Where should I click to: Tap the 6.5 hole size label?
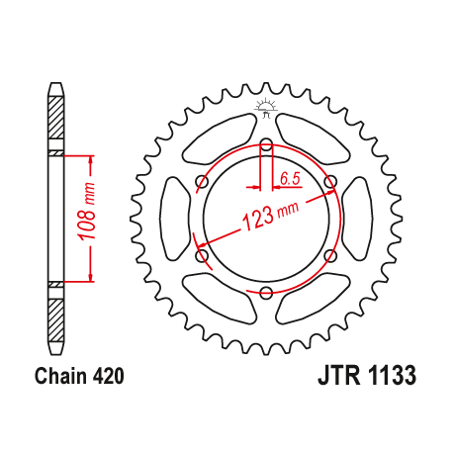click(290, 179)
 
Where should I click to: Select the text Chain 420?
click(78, 377)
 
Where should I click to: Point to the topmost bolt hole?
click(266, 145)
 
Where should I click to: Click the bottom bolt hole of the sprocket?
click(266, 292)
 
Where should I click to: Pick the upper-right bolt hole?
click(329, 181)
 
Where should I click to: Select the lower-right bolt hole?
click(329, 256)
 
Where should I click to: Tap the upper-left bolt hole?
click(202, 181)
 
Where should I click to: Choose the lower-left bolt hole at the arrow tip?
click(203, 256)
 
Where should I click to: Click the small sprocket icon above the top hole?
click(266, 107)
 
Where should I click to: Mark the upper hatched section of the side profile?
click(55, 124)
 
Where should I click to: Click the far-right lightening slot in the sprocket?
click(362, 219)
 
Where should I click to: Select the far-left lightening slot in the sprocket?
click(170, 219)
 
